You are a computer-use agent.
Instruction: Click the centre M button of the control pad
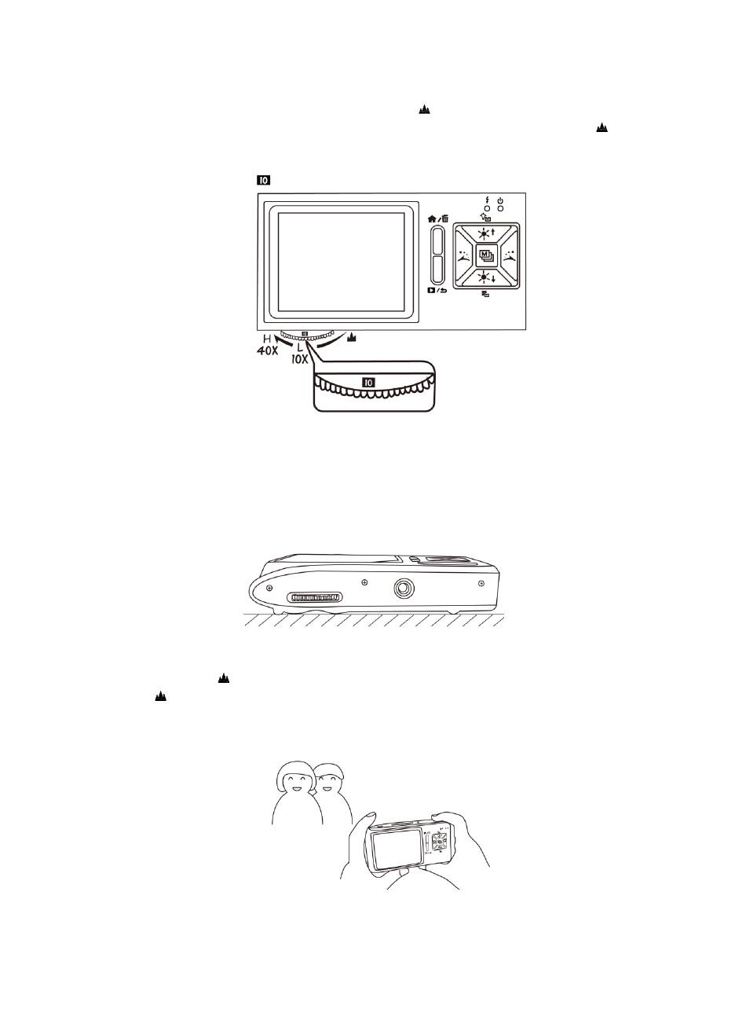(486, 255)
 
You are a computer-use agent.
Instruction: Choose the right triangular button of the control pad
(507, 255)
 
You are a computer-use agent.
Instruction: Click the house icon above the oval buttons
(432, 218)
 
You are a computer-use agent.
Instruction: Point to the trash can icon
(445, 218)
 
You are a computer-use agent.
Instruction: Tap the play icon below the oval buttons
(431, 290)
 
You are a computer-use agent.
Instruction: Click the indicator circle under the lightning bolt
(488, 208)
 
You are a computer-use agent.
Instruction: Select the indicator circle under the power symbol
(500, 208)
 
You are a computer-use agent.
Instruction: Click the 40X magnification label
(267, 350)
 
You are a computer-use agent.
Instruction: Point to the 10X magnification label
(300, 359)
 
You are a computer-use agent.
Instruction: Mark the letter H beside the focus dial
(267, 339)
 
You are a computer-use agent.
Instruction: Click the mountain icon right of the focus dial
(352, 337)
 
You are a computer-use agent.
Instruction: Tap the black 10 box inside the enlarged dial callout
(369, 382)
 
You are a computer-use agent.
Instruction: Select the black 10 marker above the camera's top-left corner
(264, 180)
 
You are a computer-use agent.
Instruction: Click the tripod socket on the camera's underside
(404, 589)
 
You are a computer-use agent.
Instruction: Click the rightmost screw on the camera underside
(481, 583)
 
